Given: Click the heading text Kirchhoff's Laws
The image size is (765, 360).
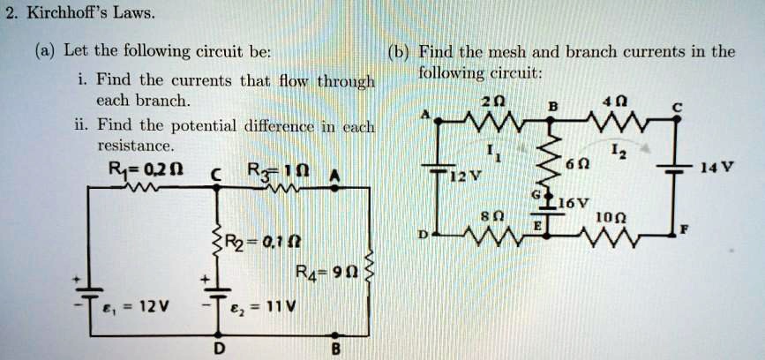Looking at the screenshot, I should click(x=79, y=13).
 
